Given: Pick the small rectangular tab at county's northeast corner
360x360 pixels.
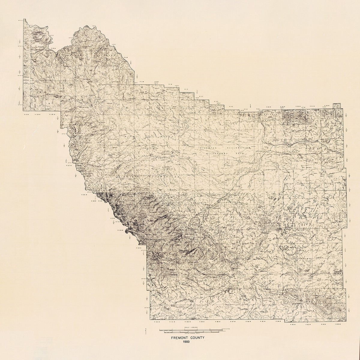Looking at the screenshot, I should coord(337,105).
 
